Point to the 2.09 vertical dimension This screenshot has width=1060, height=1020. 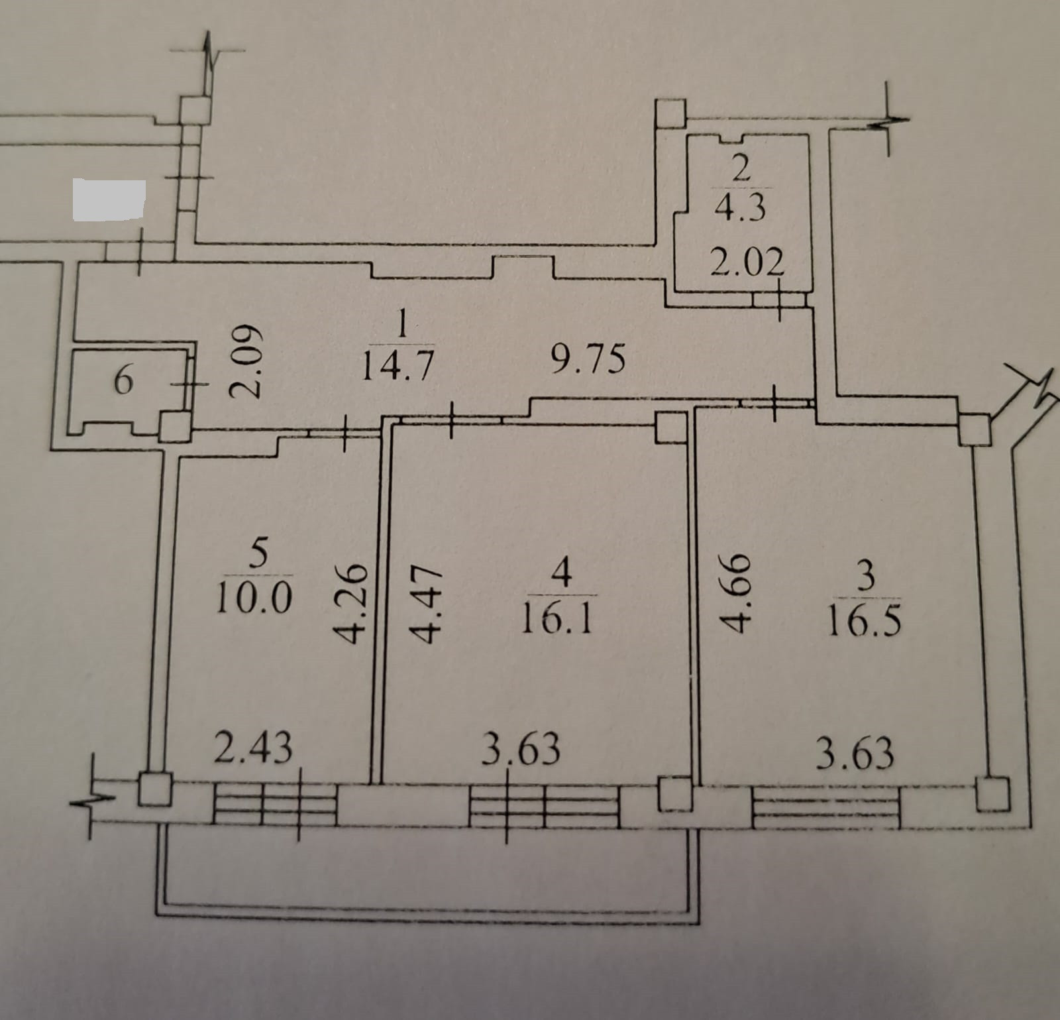click(x=244, y=361)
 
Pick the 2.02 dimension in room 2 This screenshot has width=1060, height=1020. click(x=747, y=263)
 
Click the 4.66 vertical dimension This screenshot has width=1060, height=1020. click(x=736, y=591)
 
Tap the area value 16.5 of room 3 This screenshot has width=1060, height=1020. click(x=865, y=623)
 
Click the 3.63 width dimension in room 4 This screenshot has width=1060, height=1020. click(x=521, y=749)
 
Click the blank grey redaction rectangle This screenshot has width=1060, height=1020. click(x=109, y=199)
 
